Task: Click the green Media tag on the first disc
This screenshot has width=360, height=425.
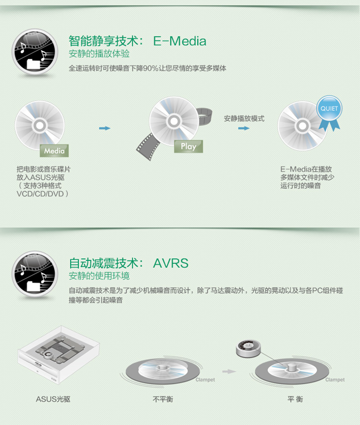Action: coord(54,150)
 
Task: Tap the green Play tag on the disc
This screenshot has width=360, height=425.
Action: coord(188,146)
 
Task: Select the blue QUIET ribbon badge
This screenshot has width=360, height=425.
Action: coord(329,109)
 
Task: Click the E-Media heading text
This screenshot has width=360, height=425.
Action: coord(180,41)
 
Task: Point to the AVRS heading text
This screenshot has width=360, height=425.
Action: coord(170,263)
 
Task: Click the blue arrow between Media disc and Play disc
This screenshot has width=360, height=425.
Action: coord(105,128)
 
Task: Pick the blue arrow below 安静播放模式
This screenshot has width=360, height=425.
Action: coord(244,128)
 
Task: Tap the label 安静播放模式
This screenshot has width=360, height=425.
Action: coord(244,119)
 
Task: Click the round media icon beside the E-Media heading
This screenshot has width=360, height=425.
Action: coord(35,51)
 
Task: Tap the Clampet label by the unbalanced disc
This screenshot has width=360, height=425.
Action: coord(205,379)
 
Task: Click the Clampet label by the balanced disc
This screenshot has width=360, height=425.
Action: coord(335,379)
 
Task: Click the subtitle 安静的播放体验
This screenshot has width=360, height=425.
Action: coord(99,54)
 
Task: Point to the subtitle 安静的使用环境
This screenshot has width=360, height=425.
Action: coord(99,276)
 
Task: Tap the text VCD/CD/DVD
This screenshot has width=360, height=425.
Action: coord(42,193)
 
